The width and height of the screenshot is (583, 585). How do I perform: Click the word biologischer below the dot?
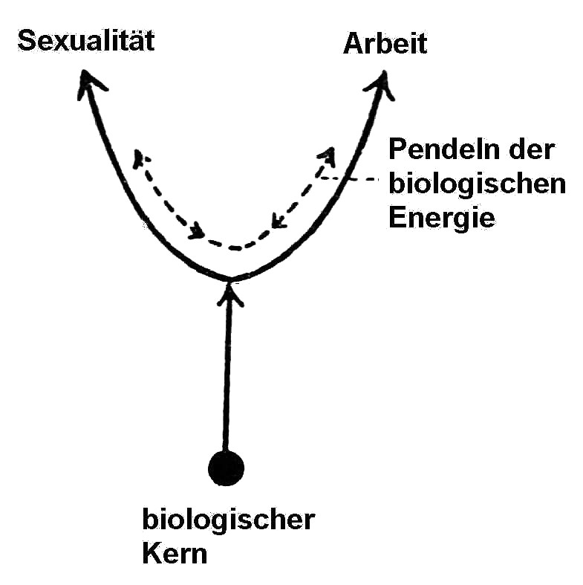pyautogui.click(x=228, y=520)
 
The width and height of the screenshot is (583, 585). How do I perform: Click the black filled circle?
pyautogui.click(x=226, y=468)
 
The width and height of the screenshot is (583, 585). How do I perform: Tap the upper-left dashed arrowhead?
pyautogui.click(x=140, y=158)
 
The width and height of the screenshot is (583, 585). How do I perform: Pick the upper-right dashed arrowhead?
pyautogui.click(x=326, y=155)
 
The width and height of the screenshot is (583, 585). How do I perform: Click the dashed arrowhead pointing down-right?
pyautogui.click(x=196, y=233)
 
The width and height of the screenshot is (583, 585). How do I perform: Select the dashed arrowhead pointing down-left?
pyautogui.click(x=277, y=221)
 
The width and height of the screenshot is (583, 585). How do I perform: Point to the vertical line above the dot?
pyautogui.click(x=227, y=372)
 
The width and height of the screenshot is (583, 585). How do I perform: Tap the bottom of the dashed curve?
pyautogui.click(x=235, y=248)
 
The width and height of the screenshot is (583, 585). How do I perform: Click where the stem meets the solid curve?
pyautogui.click(x=229, y=280)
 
